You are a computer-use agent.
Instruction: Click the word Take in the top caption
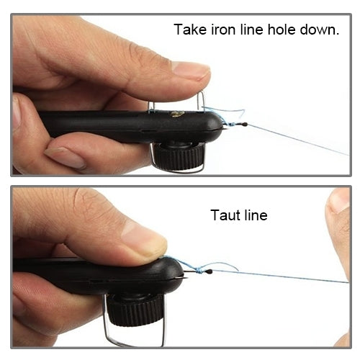tap(189, 31)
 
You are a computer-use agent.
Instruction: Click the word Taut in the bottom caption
tap(225, 215)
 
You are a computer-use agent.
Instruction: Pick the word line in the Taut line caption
tap(254, 215)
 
